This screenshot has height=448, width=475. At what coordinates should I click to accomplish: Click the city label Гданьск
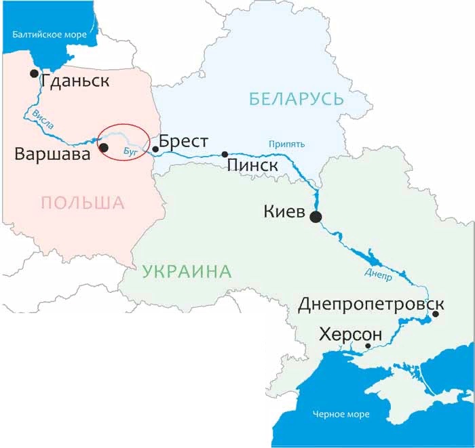pos(75,82)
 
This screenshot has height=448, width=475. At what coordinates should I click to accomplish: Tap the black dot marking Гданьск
pos(33,73)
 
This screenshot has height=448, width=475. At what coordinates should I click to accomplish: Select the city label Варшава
pos(53,155)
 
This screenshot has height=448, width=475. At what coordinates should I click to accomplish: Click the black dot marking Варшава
pos(103,147)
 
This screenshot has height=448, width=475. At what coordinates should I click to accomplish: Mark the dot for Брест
pos(155,149)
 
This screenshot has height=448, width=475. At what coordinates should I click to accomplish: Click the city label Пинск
pos(252,165)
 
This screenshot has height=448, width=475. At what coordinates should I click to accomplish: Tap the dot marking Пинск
pos(225,155)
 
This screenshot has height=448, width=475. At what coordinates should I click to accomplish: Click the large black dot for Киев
pos(316,217)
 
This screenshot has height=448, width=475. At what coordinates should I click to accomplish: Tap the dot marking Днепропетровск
pos(436,314)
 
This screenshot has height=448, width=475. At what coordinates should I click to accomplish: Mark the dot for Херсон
pos(368,346)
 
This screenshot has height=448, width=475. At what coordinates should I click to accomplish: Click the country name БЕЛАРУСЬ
pos(297,100)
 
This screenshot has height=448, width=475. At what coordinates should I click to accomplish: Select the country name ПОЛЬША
pos(83,202)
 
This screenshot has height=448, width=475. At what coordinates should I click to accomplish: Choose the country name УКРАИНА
pos(187,272)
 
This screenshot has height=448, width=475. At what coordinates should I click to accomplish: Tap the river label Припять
pos(286,144)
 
